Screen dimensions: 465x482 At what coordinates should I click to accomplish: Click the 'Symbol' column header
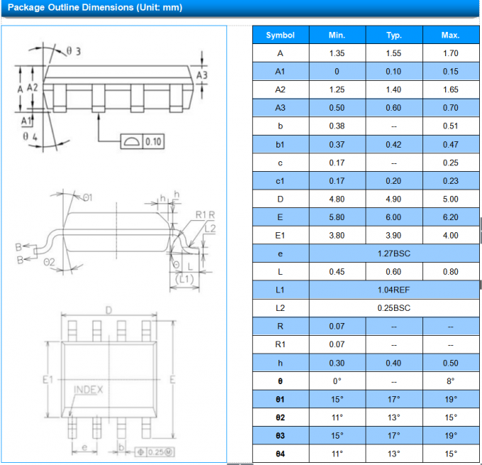tap(280, 35)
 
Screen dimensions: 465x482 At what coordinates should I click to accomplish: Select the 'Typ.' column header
tap(393, 35)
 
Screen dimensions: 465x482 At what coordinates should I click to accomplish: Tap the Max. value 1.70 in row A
tap(450, 53)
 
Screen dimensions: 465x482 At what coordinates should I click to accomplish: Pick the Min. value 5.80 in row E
tap(337, 217)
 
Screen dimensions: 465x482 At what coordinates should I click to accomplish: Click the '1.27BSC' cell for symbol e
tap(393, 253)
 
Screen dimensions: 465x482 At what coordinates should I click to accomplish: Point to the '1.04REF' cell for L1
tap(393, 290)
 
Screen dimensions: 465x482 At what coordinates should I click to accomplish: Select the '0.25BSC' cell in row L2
tap(393, 308)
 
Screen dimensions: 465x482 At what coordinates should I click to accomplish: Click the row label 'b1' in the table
tap(280, 144)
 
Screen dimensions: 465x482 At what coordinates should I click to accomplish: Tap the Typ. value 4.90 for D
tap(393, 199)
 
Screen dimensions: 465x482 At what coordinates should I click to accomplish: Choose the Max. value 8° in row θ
tap(450, 381)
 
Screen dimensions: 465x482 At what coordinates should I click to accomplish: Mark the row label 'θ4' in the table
tap(280, 454)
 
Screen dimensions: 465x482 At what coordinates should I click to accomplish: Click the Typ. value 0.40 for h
tap(393, 363)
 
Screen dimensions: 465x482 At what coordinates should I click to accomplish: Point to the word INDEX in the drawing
tap(89, 390)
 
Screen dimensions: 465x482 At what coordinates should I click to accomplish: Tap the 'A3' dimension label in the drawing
tap(202, 75)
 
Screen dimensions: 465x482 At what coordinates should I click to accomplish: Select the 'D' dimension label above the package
tap(108, 310)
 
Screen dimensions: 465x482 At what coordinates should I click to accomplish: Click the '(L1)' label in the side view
tap(184, 279)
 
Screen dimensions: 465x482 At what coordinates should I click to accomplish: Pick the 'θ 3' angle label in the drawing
tap(74, 51)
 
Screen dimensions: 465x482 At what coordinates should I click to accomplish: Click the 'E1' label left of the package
tap(48, 381)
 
